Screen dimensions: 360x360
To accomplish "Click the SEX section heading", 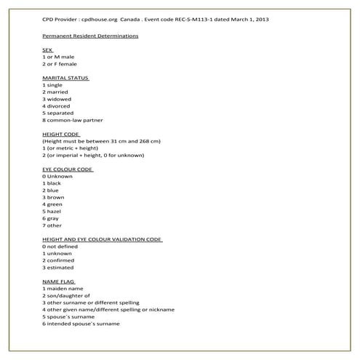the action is click(49, 49).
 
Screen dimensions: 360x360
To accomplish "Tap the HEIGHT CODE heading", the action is click(61, 134).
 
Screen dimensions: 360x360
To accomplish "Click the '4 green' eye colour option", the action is click(55, 204).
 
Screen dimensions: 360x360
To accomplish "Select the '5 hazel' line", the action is click(55, 211).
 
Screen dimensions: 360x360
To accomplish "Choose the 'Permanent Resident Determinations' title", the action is click(91, 36).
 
